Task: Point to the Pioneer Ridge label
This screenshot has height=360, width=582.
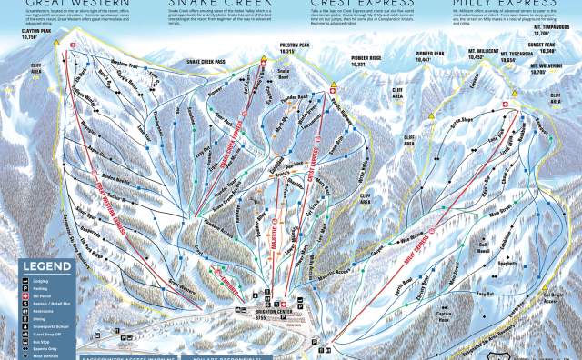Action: (x=351, y=65)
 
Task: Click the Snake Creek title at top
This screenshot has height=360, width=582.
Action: (x=209, y=4)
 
